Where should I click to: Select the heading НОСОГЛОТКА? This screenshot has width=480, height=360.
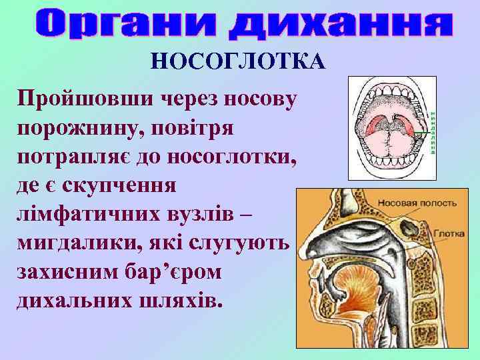[x=238, y=62]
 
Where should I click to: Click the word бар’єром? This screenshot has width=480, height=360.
[x=184, y=271]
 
